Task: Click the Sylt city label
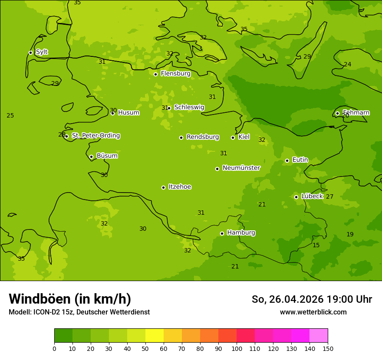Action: click(x=42, y=52)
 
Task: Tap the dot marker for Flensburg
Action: click(x=155, y=74)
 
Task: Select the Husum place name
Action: click(x=128, y=113)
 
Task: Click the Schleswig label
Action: click(x=189, y=107)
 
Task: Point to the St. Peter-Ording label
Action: click(x=95, y=136)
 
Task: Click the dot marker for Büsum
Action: click(x=91, y=157)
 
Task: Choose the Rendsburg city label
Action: click(x=203, y=137)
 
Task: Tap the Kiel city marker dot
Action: click(x=233, y=137)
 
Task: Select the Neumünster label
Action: click(x=241, y=168)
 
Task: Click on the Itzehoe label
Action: click(x=180, y=187)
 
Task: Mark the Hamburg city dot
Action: click(x=222, y=233)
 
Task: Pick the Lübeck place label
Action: click(x=312, y=196)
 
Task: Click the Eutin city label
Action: click(x=300, y=160)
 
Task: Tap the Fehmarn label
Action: click(x=356, y=113)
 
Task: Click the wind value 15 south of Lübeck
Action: click(x=316, y=245)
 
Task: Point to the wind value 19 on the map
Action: click(x=350, y=235)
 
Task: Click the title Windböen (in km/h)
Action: click(x=70, y=299)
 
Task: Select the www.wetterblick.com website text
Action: click(x=313, y=312)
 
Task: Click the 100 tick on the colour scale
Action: click(x=237, y=348)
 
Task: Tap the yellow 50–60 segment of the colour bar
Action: click(x=155, y=335)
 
